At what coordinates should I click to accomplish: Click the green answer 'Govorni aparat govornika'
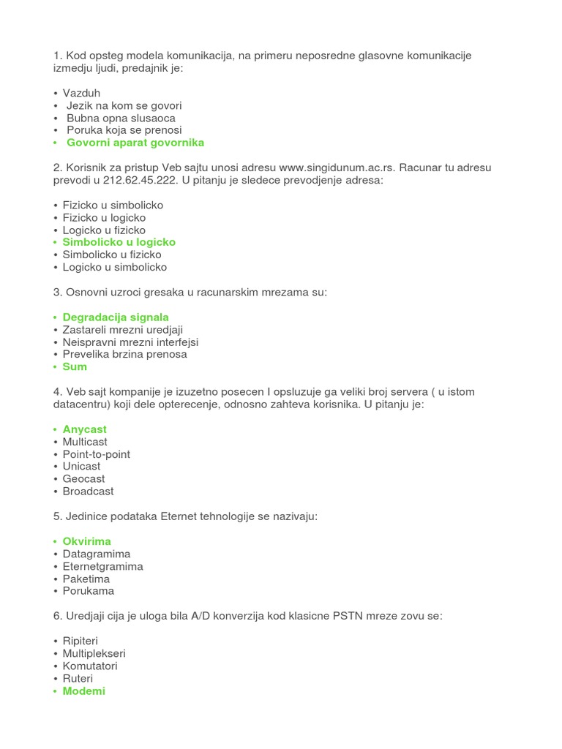point(135,143)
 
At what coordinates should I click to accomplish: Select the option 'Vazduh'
point(81,93)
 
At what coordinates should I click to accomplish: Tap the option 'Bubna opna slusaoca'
point(121,118)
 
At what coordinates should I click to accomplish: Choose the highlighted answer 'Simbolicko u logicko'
point(119,242)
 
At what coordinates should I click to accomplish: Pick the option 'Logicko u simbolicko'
point(114,267)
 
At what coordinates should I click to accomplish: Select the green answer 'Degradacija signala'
point(116,317)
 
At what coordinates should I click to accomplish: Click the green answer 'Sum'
point(75,366)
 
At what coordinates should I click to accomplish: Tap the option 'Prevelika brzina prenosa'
point(124,354)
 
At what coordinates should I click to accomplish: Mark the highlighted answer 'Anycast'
point(84,429)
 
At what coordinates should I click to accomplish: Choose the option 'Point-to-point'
point(96,454)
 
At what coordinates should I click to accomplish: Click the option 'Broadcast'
point(88,492)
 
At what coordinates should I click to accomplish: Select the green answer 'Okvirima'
point(86,541)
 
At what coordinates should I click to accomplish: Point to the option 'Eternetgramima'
point(102,566)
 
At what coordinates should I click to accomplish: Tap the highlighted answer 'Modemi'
point(83,691)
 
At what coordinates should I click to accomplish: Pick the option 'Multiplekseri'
point(94,653)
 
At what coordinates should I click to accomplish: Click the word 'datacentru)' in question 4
point(82,404)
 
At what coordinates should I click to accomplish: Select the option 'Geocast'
point(83,479)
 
